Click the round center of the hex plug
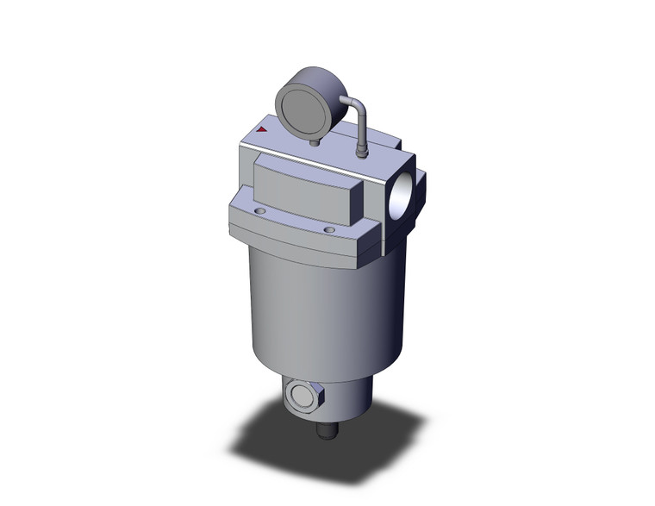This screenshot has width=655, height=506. pyautogui.click(x=299, y=397)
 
